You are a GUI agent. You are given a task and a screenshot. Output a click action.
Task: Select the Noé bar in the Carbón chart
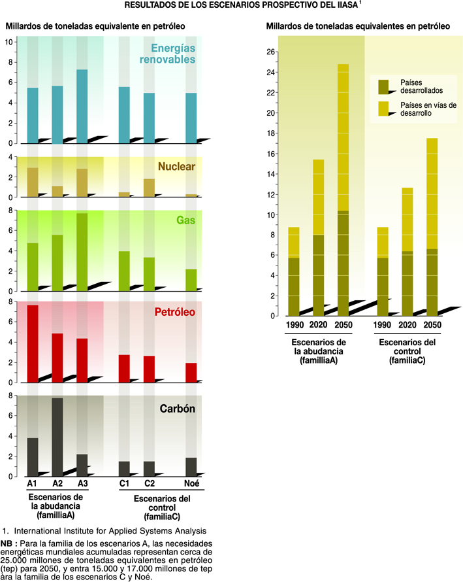pos(191,467)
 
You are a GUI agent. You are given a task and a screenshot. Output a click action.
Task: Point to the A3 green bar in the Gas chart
pos(82,252)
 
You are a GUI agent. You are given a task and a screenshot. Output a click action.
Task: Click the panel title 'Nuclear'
pos(178,167)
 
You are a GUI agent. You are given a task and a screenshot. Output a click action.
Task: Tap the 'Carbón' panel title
pos(179,409)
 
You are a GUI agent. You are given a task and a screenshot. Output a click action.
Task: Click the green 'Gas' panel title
pos(186,220)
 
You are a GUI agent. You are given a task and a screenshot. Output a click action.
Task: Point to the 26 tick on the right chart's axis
pos(271,51)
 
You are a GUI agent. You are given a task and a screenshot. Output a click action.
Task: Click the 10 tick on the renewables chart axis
pos(9,42)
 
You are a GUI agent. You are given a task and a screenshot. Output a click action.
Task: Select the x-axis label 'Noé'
pos(191,484)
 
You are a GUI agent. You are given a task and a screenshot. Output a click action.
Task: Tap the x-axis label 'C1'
pos(124,484)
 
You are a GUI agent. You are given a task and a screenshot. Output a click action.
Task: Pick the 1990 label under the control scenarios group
pos(383,325)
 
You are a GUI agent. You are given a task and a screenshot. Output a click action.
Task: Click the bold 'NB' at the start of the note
pos(8,543)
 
